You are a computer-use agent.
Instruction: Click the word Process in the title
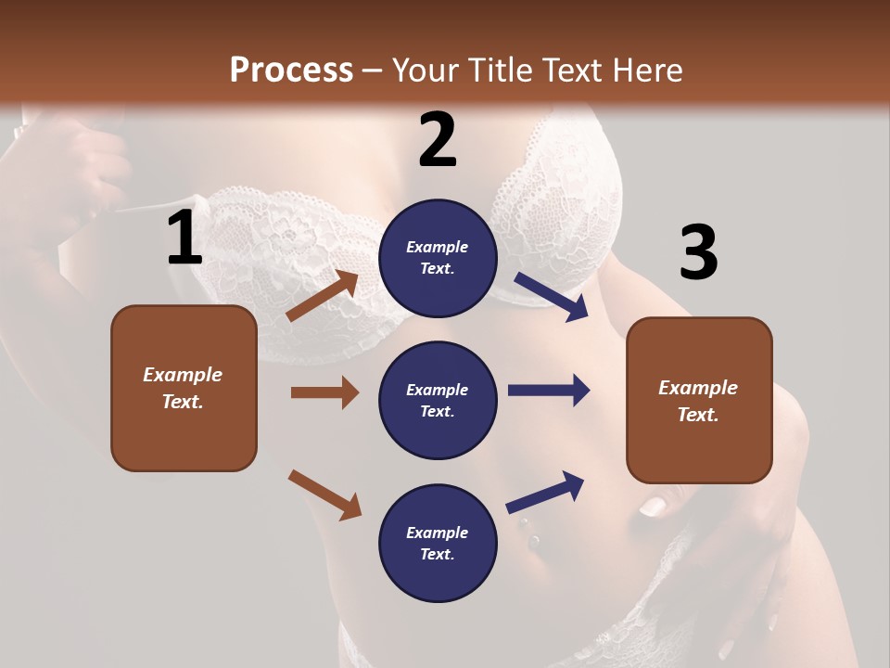tap(291, 71)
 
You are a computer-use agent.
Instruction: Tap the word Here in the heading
tap(644, 71)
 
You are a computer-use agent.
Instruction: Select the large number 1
tap(184, 238)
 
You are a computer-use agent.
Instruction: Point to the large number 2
tap(438, 140)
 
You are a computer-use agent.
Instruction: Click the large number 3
tap(698, 252)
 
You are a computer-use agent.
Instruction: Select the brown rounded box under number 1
tap(184, 388)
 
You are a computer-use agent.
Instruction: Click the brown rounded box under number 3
tap(699, 401)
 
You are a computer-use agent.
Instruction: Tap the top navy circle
tap(438, 258)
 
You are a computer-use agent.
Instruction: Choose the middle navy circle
tap(438, 401)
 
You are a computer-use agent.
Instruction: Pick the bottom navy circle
tap(438, 543)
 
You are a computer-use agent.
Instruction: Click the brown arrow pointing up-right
tap(323, 296)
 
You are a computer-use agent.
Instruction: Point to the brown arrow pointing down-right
tap(324, 495)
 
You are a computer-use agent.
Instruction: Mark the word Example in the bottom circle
tap(438, 533)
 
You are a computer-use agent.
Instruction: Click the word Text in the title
tap(572, 71)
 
